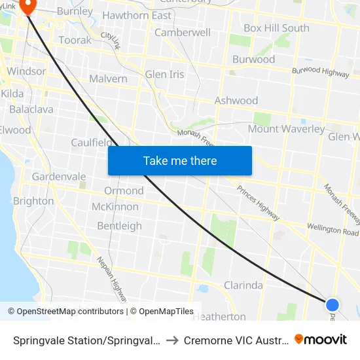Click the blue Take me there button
(180, 160)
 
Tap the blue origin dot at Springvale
(333, 304)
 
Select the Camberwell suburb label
(183, 33)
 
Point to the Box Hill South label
(276, 28)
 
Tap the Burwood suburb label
(254, 60)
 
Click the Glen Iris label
(165, 75)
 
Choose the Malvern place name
(109, 79)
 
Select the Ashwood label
(236, 101)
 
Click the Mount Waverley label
(286, 129)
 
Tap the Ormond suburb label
(124, 190)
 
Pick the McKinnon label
(115, 207)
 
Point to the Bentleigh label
(119, 226)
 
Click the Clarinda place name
(243, 285)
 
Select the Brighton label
(33, 201)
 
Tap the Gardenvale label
(59, 177)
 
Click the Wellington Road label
(333, 230)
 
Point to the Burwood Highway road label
(321, 71)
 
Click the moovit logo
(321, 340)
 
